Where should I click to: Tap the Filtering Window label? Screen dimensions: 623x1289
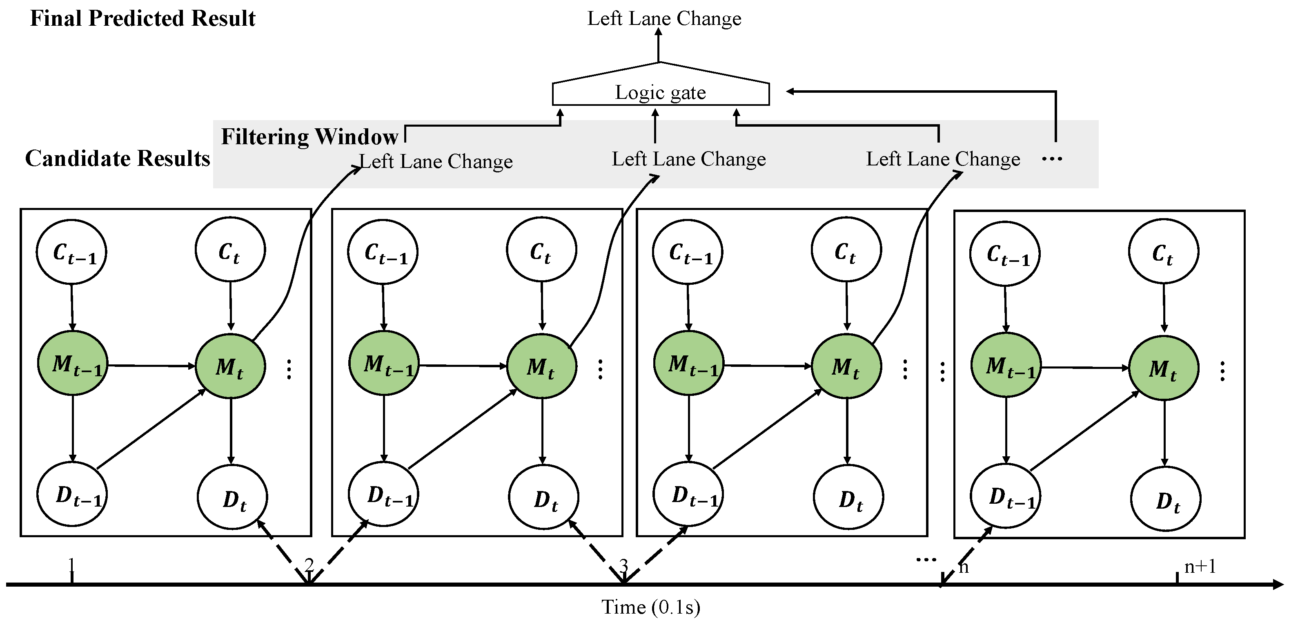309,137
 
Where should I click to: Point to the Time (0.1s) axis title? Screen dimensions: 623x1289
650,607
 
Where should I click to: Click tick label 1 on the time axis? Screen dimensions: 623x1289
71,565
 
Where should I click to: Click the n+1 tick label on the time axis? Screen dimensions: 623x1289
1200,566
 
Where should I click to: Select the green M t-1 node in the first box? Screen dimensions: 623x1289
73,364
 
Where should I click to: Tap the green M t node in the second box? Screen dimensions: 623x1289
541,366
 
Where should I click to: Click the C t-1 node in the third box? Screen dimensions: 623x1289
688,252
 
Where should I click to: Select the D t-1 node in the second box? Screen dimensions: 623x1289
384,494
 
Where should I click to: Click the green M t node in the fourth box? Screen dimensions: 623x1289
1163,368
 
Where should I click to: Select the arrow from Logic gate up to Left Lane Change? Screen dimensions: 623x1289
659,46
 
